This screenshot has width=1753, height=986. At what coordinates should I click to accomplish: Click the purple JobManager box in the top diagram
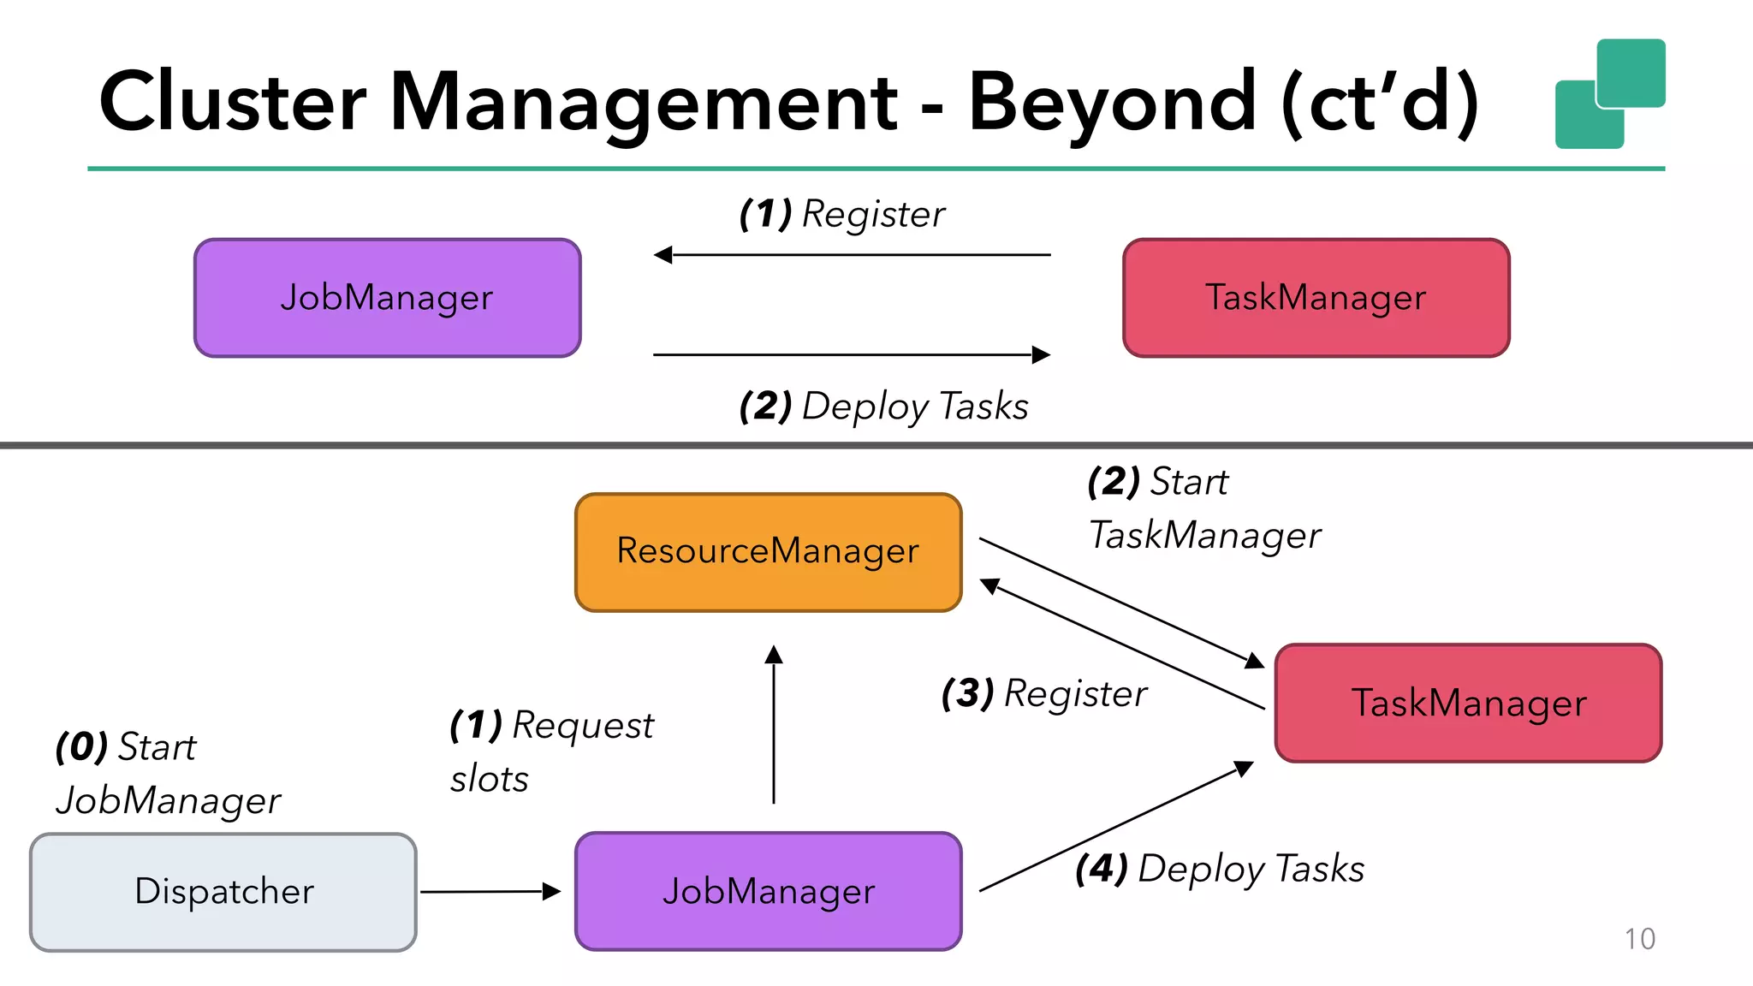387,298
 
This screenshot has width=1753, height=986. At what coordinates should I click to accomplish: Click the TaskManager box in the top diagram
1316,298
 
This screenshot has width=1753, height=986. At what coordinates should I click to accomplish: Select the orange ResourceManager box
768,552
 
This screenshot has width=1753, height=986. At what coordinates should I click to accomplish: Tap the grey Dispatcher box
223,892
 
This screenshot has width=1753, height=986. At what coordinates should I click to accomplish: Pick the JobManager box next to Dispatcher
768,892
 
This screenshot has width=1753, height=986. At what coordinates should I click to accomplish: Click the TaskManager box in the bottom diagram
1468,704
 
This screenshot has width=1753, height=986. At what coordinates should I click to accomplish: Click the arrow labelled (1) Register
852,255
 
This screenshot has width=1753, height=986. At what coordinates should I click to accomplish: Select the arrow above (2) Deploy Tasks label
852,354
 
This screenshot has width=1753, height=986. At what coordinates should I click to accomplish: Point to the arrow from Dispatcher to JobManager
490,892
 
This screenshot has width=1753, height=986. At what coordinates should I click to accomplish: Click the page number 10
1639,939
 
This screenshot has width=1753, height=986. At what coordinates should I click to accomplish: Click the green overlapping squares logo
1609,94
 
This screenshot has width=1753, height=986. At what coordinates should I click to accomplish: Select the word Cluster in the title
233,103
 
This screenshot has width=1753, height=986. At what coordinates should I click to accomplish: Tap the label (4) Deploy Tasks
1219,870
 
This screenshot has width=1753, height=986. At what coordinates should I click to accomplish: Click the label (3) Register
1044,694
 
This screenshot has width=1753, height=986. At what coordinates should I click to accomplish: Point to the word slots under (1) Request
490,780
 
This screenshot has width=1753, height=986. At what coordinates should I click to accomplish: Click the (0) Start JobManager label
167,774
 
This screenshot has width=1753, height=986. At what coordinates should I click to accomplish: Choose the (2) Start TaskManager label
1203,509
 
